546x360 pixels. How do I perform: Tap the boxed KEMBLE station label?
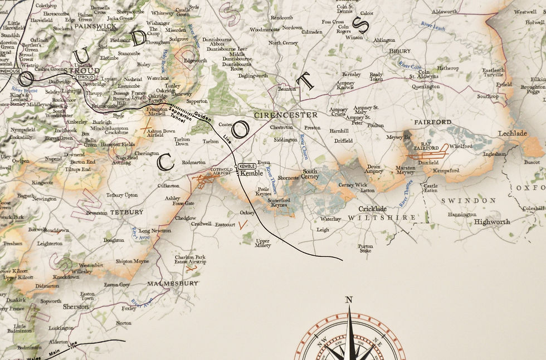coord(247,167)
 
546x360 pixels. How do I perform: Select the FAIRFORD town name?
coord(433,122)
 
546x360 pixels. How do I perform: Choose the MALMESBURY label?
coord(172,284)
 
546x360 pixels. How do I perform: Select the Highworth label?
coord(492,222)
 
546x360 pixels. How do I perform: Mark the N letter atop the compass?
coord(349,300)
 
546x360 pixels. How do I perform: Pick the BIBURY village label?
coord(399,51)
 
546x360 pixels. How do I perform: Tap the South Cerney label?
coord(310,174)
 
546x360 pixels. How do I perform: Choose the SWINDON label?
coord(469,201)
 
